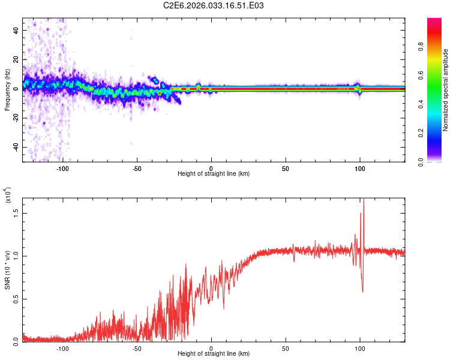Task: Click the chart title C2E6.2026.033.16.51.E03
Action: [x=214, y=5]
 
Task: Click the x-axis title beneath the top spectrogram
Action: [x=214, y=174]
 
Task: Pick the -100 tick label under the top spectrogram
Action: [x=62, y=168]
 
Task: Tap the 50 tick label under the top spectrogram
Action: [x=286, y=168]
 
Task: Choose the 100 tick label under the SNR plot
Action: [x=360, y=348]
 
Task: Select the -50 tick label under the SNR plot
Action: [x=136, y=348]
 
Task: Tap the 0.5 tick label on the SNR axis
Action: [x=16, y=298]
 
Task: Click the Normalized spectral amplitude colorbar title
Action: [x=446, y=90]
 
